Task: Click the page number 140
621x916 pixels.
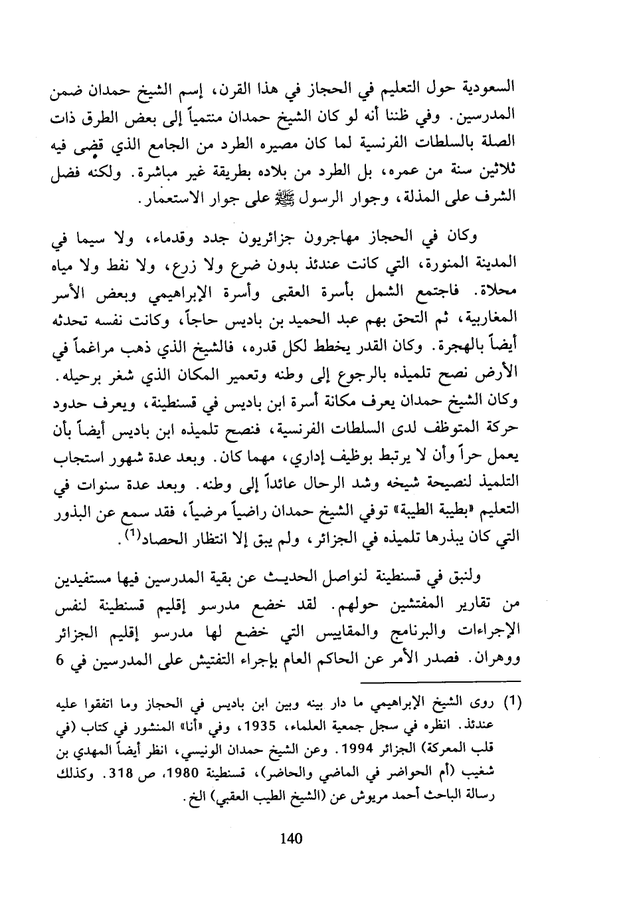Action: coord(292,838)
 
